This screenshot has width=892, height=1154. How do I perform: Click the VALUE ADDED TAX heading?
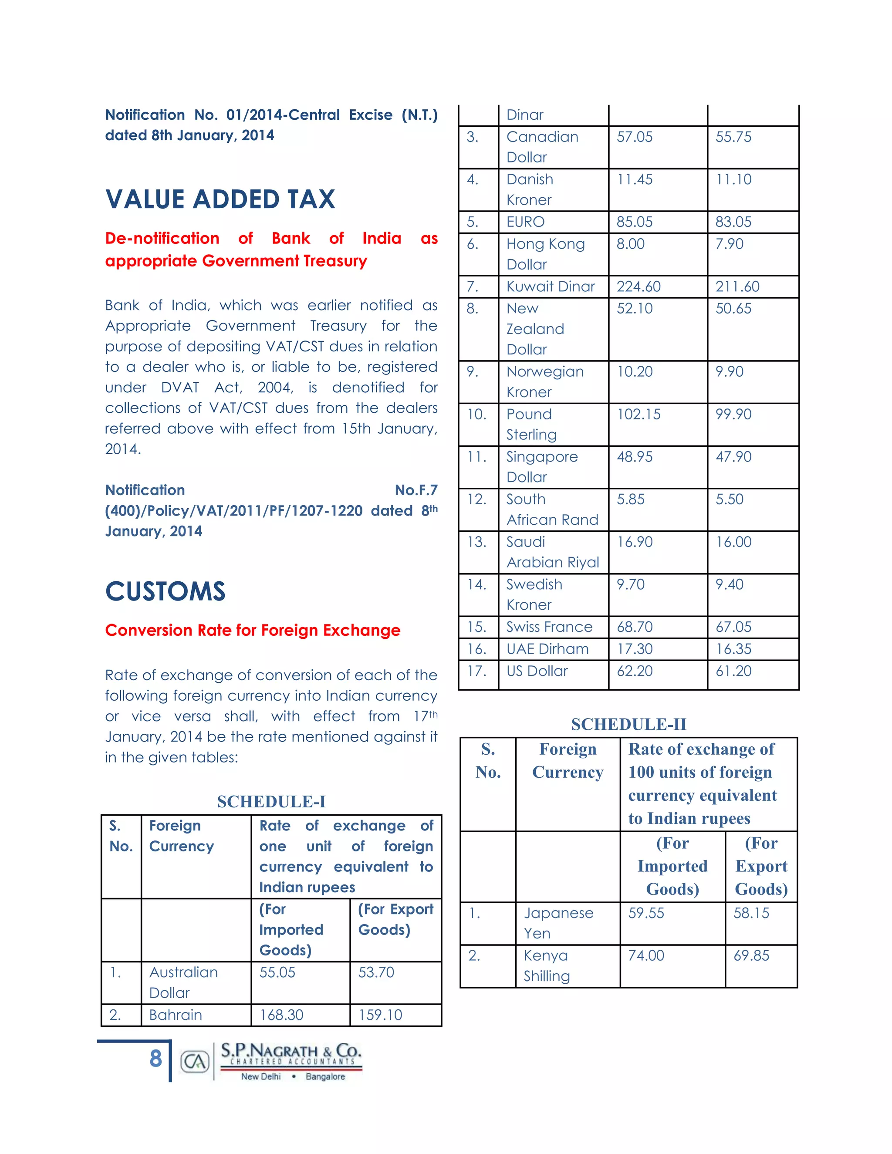pos(220,199)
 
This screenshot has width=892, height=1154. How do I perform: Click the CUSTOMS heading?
pos(165,591)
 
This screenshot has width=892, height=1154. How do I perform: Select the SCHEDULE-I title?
pos(271,802)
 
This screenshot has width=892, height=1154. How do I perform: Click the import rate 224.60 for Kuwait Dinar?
pos(639,287)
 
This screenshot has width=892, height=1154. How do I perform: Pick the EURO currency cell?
pos(525,222)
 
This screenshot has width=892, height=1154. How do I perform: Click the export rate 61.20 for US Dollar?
pos(733,671)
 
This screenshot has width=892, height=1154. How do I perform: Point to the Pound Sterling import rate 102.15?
pos(639,414)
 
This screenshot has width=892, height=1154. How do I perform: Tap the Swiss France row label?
pos(549,627)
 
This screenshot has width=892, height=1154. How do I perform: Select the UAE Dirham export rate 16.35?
pos(733,649)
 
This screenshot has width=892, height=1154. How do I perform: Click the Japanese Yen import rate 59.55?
pos(646,913)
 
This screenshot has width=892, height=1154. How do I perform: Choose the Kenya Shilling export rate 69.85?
pos(751,955)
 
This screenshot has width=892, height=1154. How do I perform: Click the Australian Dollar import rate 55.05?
pos(277,972)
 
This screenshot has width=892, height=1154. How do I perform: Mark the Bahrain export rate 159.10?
pos(380,1015)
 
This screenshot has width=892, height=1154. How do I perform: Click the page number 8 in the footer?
pos(155,1058)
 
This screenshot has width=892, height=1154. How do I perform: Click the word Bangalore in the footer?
pos(325,1076)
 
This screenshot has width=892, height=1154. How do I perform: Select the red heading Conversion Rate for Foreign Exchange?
pos(253,631)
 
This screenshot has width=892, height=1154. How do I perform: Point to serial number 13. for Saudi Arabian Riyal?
pos(476,542)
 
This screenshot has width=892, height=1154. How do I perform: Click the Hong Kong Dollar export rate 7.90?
pos(729,244)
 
